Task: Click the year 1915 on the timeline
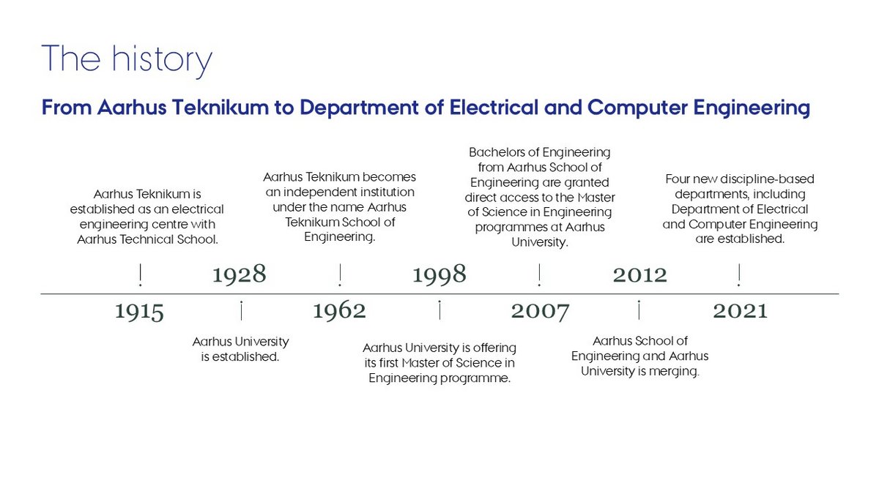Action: [139, 312]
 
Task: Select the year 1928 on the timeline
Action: [240, 274]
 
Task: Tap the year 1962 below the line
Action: [339, 311]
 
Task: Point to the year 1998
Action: [439, 274]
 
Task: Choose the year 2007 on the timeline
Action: [540, 312]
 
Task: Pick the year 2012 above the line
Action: [640, 274]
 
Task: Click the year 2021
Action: [740, 311]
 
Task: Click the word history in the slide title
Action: [162, 60]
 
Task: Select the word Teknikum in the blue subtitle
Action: [220, 108]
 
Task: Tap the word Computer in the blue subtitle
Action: [637, 108]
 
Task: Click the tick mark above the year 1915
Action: [140, 275]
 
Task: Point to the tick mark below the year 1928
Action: [241, 310]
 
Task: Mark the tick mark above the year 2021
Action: [739, 275]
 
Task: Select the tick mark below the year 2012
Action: [639, 310]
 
